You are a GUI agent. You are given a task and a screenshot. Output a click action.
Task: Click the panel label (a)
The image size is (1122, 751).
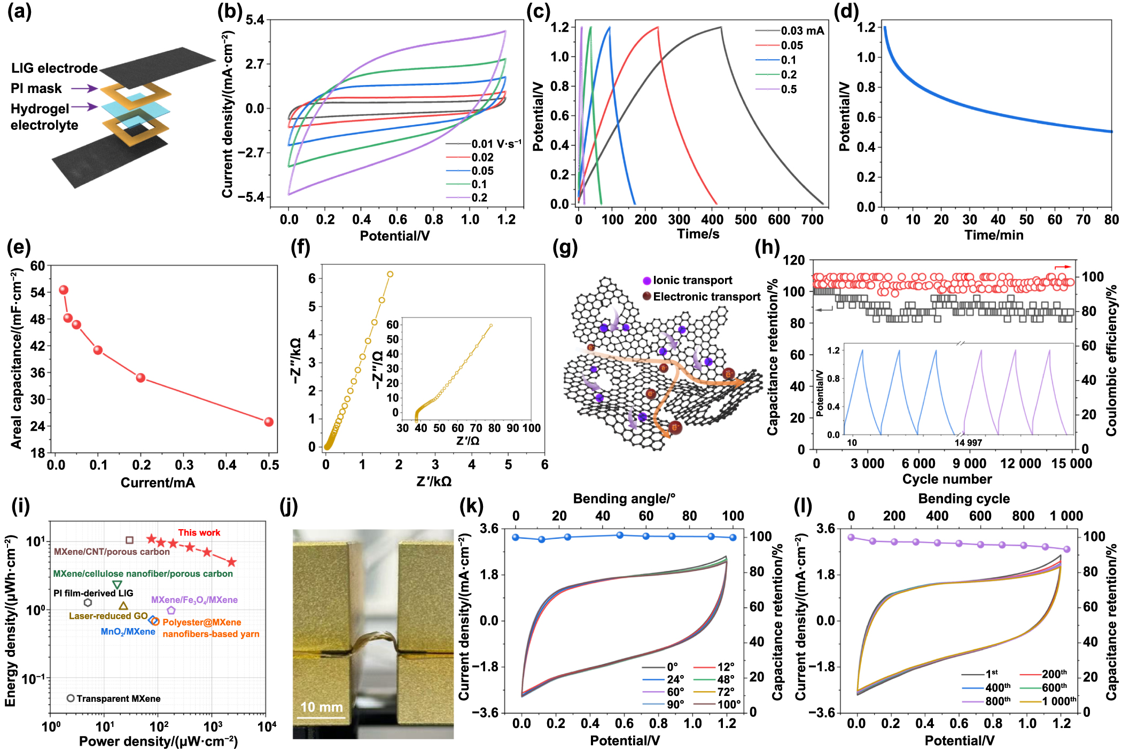coord(19,12)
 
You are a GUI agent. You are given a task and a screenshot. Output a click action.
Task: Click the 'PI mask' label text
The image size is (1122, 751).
coord(36,88)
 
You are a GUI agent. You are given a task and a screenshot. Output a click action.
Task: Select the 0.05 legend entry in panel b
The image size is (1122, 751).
coord(482,171)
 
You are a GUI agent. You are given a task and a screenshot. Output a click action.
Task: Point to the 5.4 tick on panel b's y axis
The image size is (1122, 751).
coord(255,20)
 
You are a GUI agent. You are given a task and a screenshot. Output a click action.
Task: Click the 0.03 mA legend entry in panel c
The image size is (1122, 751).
coord(802,31)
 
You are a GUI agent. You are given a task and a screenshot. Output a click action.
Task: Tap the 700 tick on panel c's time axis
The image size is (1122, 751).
coord(812,219)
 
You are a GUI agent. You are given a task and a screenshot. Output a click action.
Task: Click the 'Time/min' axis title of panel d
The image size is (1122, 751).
coord(993,235)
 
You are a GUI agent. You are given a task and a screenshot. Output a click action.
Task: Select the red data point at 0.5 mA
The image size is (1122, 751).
coord(269,422)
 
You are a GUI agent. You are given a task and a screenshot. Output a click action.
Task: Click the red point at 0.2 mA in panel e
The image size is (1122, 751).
coord(141,378)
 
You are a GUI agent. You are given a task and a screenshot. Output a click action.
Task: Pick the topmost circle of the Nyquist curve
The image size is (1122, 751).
coord(390,274)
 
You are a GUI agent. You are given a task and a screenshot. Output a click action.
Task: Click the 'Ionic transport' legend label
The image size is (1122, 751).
coord(692,280)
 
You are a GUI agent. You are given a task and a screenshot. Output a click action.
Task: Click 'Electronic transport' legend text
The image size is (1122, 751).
coord(706,297)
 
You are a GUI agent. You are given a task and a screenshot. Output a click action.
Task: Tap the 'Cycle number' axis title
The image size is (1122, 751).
coord(947,479)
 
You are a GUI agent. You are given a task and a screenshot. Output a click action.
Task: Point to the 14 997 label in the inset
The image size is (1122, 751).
coord(968,443)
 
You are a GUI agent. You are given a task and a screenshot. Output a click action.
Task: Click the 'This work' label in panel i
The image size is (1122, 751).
coord(199,532)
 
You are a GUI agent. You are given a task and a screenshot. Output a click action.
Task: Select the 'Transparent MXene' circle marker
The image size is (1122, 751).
coord(71,698)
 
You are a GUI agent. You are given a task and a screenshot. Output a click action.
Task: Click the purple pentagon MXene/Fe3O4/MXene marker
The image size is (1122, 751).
coord(171,610)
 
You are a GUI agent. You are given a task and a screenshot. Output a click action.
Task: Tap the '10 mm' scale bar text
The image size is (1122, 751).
coord(321,707)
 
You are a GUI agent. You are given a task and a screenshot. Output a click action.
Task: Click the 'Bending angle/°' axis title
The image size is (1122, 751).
coord(624,499)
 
